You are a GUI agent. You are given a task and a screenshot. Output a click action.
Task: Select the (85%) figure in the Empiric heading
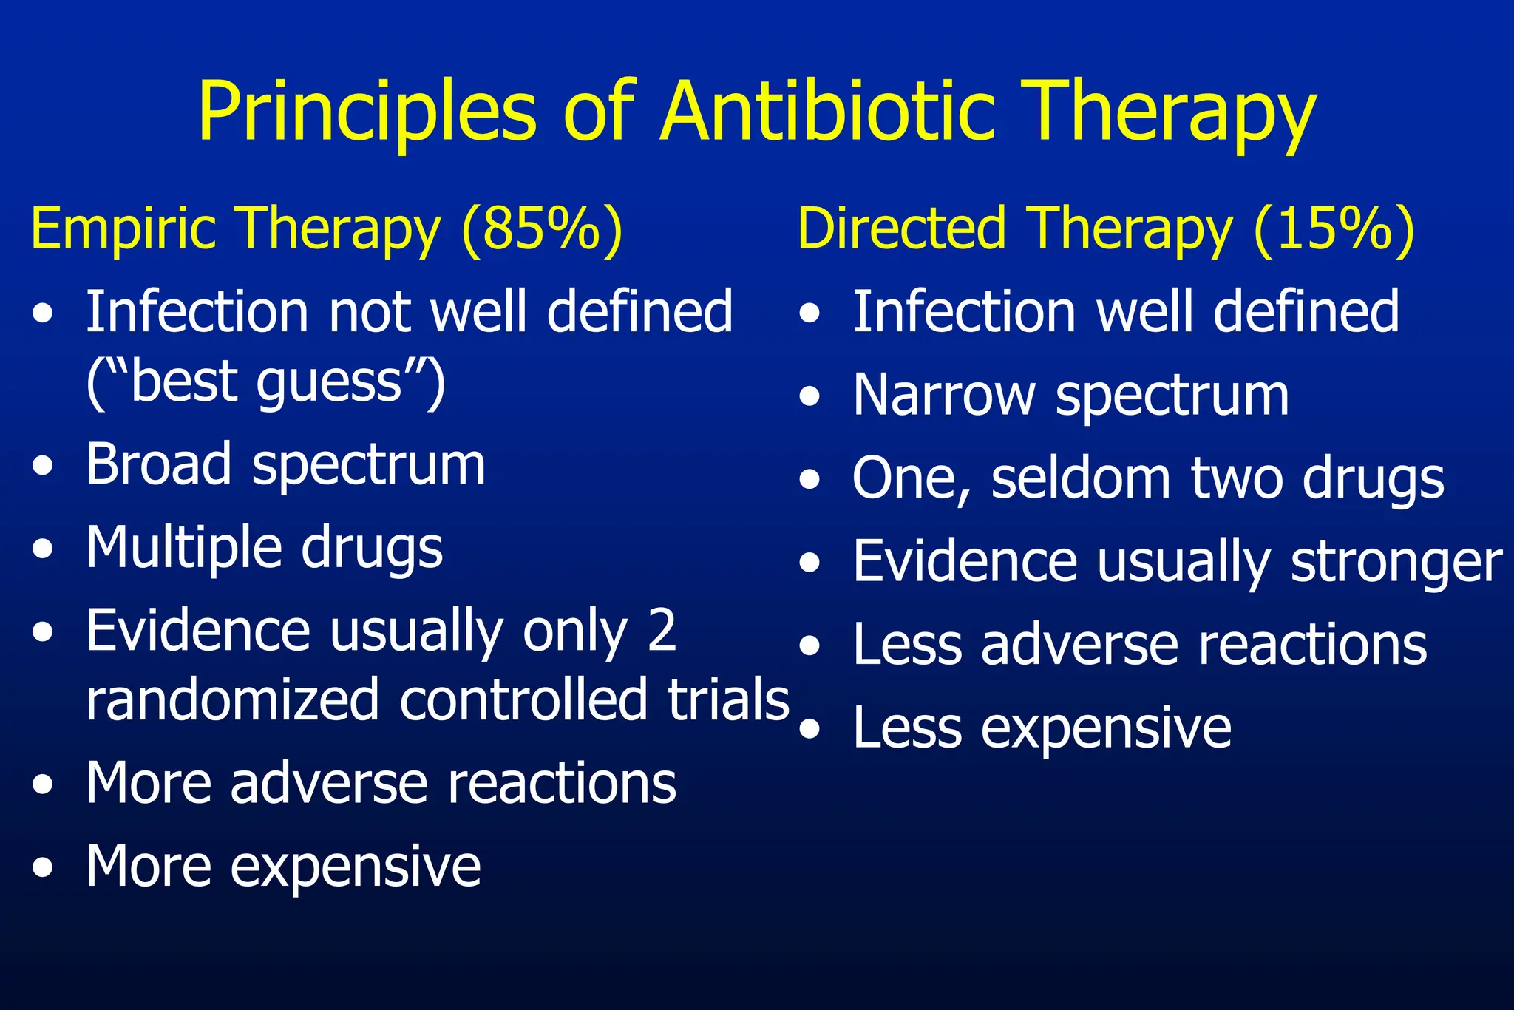pyautogui.click(x=542, y=229)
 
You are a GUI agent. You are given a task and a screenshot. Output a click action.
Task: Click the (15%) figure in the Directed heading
pyautogui.click(x=1334, y=229)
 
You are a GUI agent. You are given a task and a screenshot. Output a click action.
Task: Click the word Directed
pyautogui.click(x=902, y=229)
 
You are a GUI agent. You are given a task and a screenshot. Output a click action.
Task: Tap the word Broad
pyautogui.click(x=158, y=465)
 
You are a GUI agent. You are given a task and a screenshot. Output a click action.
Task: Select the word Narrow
pyautogui.click(x=943, y=396)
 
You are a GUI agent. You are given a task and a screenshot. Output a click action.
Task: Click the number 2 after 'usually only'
pyautogui.click(x=661, y=631)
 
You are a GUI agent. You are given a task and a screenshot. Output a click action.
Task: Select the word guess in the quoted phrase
pyautogui.click(x=328, y=383)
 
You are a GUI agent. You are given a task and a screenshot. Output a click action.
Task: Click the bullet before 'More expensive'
pyautogui.click(x=43, y=867)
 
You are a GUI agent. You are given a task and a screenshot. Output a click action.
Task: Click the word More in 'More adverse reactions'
pyautogui.click(x=148, y=783)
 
